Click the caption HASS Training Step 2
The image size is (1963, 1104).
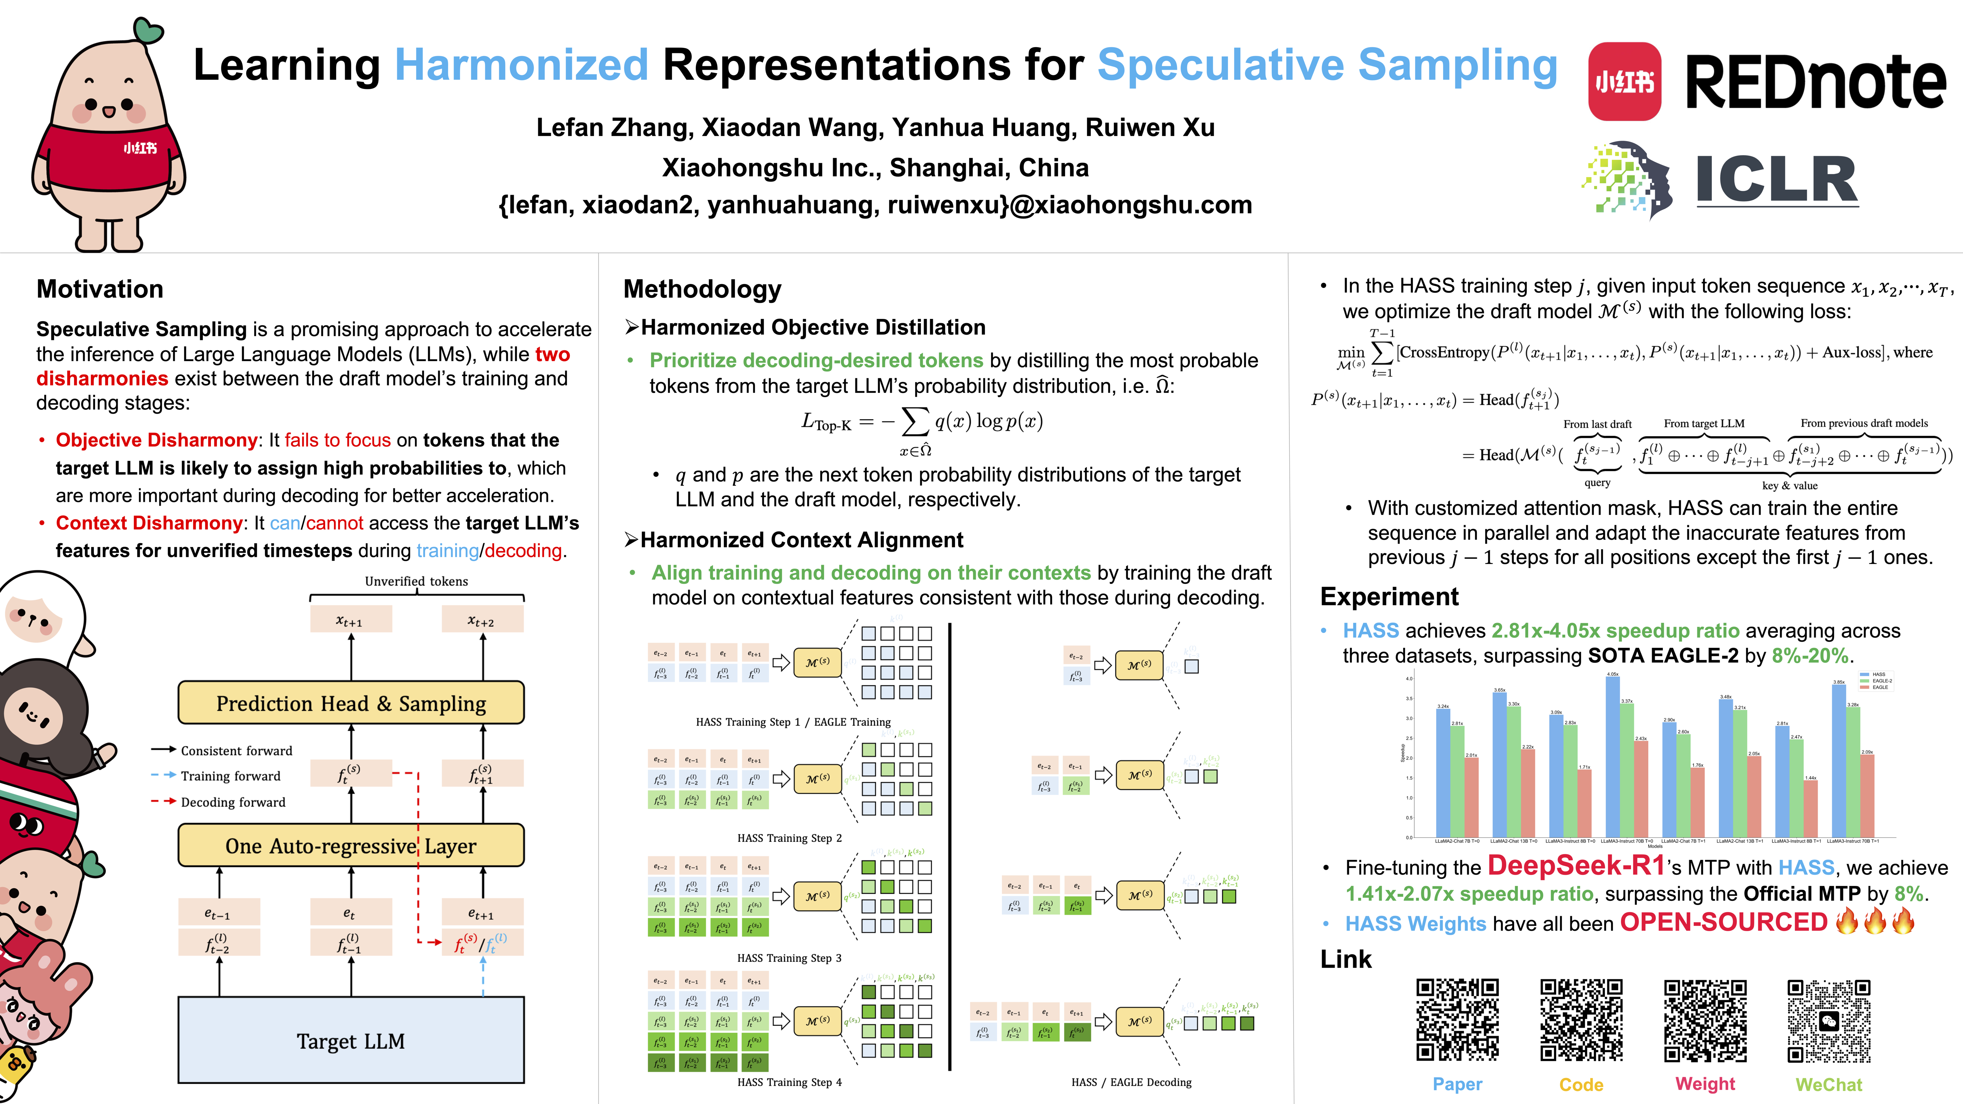tap(789, 838)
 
